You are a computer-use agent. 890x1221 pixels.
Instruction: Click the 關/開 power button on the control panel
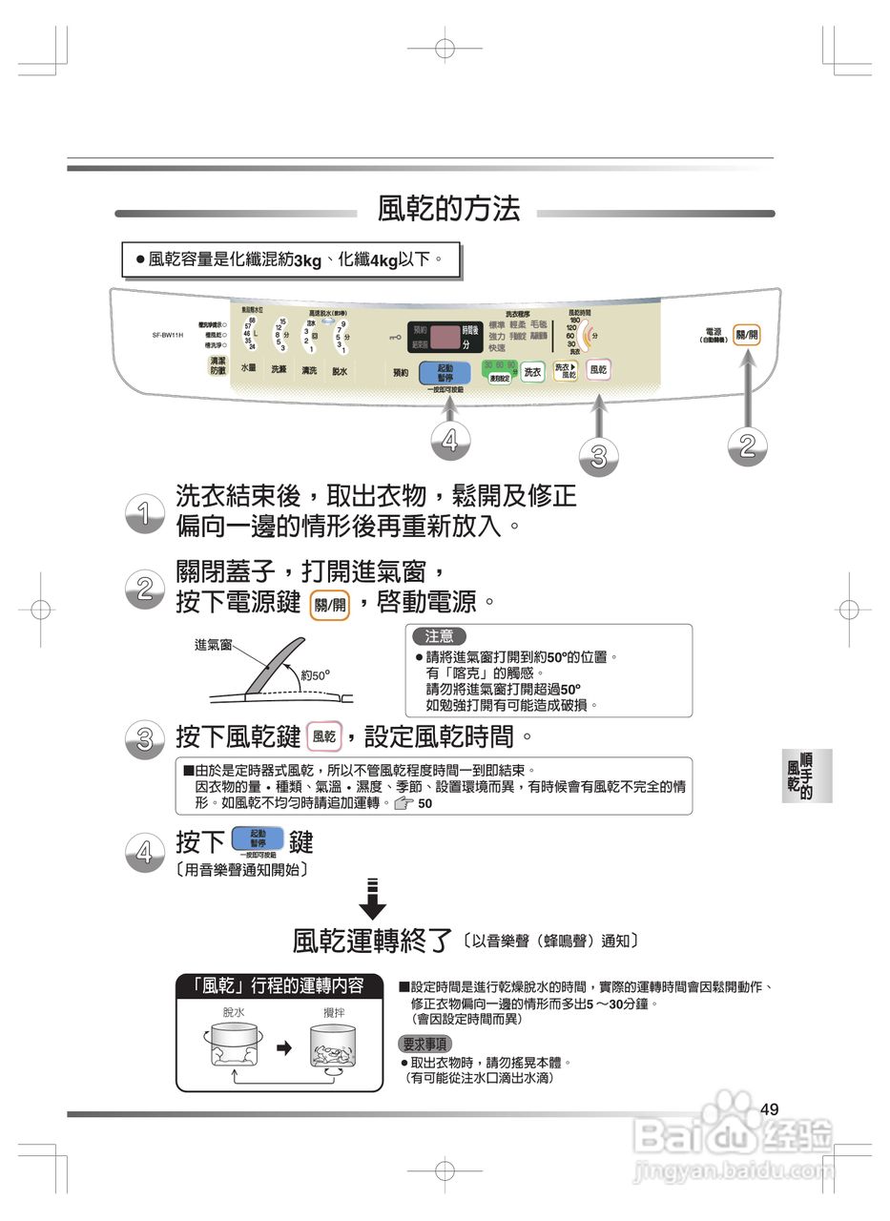click(746, 336)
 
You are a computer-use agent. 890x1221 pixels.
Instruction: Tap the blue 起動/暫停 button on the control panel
click(445, 371)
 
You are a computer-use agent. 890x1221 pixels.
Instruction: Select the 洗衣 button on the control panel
click(532, 372)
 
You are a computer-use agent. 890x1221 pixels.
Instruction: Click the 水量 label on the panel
click(248, 369)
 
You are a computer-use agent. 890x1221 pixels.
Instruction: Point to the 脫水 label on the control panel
click(340, 371)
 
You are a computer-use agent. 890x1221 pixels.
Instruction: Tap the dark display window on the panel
click(445, 336)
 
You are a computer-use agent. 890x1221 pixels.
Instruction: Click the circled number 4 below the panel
click(450, 440)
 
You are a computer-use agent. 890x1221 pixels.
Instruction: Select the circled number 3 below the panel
click(598, 456)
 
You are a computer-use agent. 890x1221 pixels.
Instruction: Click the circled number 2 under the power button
click(747, 445)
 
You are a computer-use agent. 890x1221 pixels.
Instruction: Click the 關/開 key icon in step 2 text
click(330, 604)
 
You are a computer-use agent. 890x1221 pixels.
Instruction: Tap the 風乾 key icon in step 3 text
click(324, 736)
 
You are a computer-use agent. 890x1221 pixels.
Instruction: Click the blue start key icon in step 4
click(258, 839)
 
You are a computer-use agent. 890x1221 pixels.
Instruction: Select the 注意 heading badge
click(439, 635)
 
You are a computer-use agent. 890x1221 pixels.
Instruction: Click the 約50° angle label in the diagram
click(315, 675)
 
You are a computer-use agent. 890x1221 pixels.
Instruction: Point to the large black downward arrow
click(373, 897)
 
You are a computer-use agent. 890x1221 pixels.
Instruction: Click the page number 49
click(771, 1108)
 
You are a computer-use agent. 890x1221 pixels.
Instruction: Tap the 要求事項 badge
click(425, 1044)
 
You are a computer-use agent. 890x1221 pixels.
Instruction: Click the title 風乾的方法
click(448, 210)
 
